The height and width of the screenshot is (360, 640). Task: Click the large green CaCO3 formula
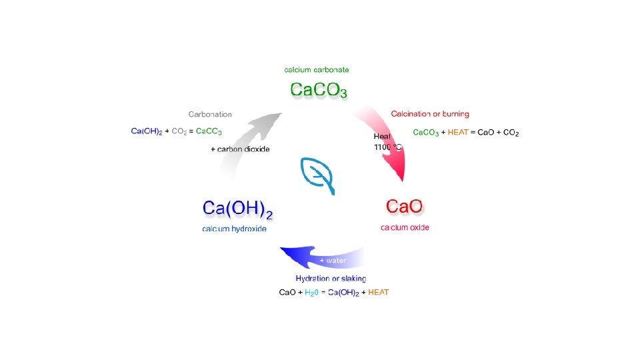pos(319,89)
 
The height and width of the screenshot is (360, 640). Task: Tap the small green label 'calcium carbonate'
pos(317,69)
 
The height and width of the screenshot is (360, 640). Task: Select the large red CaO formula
pos(405,207)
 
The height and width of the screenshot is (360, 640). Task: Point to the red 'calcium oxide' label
pos(405,227)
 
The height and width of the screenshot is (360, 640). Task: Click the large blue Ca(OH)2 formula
pos(238,209)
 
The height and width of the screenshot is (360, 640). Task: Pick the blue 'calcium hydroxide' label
pos(234,229)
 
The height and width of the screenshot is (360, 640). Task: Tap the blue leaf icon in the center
pos(319,175)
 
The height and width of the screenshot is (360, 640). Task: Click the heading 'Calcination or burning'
pos(430,114)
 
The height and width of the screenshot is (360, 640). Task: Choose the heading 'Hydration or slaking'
pos(331,278)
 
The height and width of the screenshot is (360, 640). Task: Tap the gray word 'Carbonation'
pos(210,114)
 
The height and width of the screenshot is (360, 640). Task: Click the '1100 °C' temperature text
pos(387,146)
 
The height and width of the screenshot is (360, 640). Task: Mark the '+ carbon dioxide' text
pos(240,149)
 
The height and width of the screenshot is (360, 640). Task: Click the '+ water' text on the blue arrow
pos(333,260)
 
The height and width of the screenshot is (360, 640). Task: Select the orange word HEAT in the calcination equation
pos(458,133)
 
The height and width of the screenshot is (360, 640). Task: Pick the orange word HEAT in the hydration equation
pos(378,292)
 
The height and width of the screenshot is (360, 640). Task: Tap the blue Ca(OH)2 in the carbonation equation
pos(146,131)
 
